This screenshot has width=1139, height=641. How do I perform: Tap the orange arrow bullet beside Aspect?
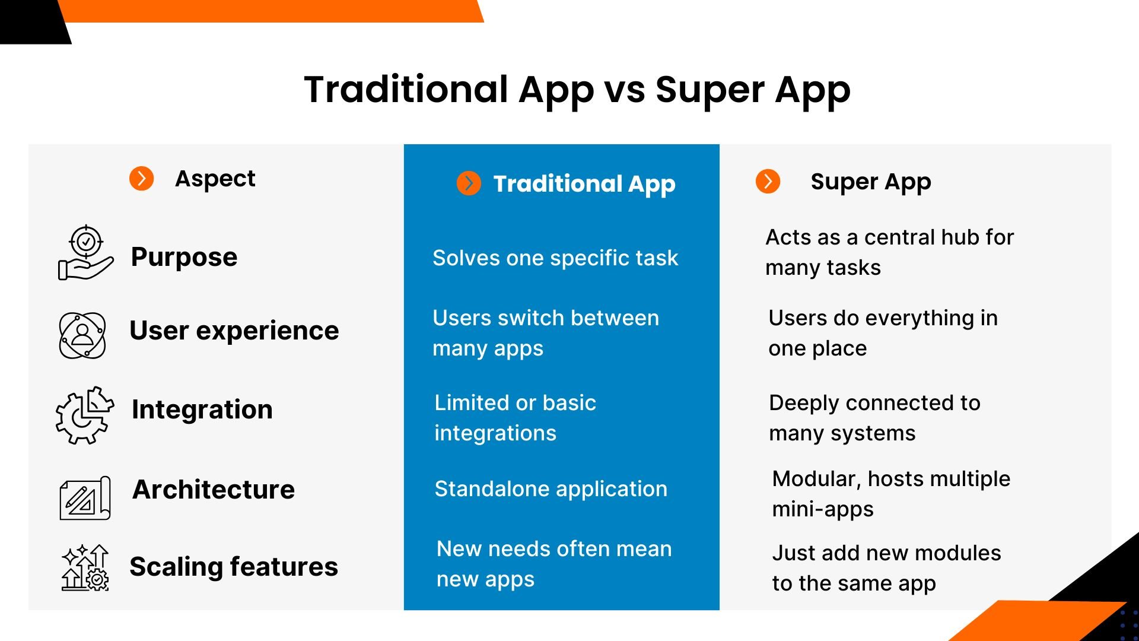tap(141, 178)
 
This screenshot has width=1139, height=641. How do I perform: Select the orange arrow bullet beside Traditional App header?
tap(469, 183)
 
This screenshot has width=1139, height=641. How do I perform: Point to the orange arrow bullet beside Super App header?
tap(768, 181)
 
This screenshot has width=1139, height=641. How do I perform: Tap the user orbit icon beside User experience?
tap(82, 335)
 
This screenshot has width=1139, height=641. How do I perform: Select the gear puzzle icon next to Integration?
tap(84, 415)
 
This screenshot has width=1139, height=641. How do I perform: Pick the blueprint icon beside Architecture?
tap(85, 498)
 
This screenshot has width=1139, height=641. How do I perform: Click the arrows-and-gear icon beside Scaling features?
tap(85, 568)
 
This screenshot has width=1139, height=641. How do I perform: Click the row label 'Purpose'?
tap(184, 257)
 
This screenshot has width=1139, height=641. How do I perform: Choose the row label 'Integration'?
tap(202, 410)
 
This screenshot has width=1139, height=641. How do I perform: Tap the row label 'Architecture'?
tap(213, 490)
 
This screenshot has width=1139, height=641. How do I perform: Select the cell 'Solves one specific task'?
tap(555, 258)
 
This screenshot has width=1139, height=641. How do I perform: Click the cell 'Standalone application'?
tap(551, 489)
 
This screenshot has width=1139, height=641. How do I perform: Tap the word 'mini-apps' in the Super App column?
tap(822, 509)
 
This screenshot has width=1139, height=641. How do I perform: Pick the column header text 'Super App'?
tap(870, 182)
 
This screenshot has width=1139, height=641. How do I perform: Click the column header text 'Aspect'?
tap(215, 179)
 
